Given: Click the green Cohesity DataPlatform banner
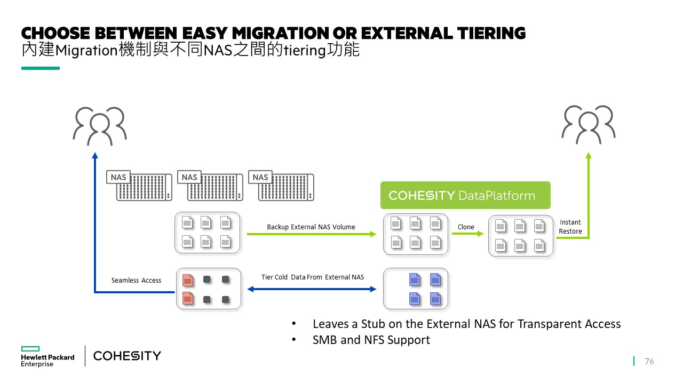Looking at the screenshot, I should (465, 195).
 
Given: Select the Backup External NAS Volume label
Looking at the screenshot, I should (311, 227).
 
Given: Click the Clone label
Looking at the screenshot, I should (466, 227).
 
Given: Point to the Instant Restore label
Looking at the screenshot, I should (570, 227).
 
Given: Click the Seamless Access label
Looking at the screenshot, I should (136, 280).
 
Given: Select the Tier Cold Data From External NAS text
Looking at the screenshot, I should (313, 277).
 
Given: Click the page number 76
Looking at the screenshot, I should (649, 361).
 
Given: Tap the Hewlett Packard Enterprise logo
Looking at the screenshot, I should (47, 356).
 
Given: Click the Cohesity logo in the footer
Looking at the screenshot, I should (127, 356).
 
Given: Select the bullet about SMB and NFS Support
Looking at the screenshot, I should (371, 340).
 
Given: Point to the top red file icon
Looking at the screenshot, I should (187, 279).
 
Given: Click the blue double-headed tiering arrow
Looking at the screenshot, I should (312, 289).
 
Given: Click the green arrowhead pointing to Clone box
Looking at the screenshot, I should (480, 234).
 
